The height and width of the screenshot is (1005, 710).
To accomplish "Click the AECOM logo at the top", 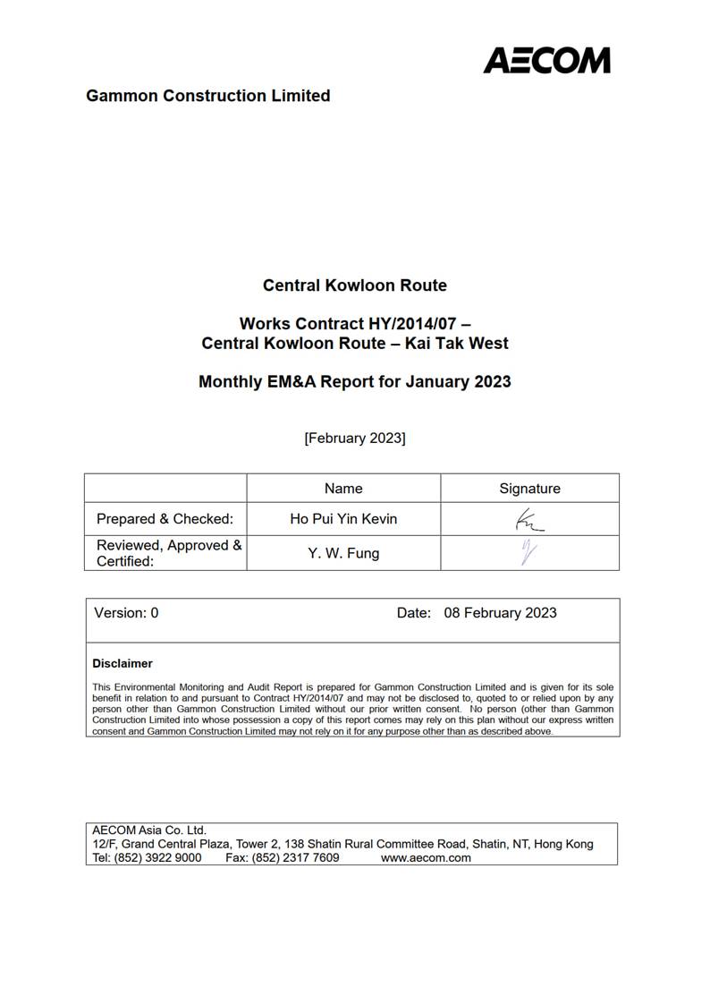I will click(546, 60).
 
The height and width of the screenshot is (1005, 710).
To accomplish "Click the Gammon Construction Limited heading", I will click(207, 96).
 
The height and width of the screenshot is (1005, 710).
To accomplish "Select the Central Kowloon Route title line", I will click(354, 285).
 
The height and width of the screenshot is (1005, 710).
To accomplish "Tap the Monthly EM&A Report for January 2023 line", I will click(354, 381).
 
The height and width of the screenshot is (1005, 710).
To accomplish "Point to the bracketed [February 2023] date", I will click(354, 439).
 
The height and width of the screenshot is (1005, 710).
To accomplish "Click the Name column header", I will click(343, 489).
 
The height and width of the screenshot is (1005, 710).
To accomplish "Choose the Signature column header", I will click(529, 489).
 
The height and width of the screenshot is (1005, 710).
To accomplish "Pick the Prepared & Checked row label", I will click(165, 519).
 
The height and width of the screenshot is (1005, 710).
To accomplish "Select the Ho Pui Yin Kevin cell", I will click(343, 519).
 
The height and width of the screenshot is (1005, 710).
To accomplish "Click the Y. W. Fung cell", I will click(343, 553).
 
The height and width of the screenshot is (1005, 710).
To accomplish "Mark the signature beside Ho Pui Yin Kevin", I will click(528, 520).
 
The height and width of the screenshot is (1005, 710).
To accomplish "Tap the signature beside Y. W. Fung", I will click(528, 553).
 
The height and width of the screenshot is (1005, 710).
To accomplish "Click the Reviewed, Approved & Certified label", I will click(169, 553).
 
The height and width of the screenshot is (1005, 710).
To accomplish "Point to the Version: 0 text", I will click(126, 613).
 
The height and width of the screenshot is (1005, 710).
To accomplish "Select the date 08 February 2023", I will click(500, 613).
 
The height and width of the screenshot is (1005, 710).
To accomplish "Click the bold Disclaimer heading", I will click(123, 664).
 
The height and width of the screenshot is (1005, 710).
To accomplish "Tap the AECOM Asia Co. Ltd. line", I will click(149, 830).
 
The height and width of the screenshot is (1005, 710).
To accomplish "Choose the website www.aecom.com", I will click(426, 857).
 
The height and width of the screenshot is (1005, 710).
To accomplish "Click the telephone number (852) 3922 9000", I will click(157, 857).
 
